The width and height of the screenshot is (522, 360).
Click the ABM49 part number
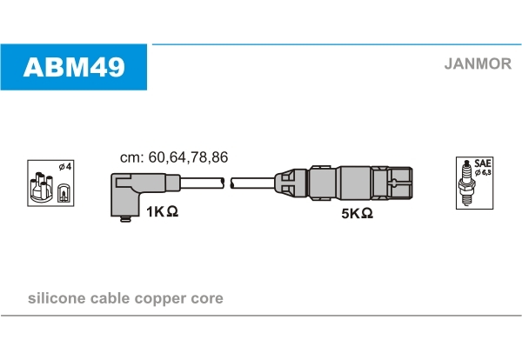click(x=74, y=67)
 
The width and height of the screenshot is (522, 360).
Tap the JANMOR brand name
click(x=478, y=63)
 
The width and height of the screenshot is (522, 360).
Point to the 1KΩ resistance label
click(x=162, y=211)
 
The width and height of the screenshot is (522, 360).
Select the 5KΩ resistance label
click(x=357, y=213)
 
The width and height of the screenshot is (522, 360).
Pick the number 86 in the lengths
click(x=219, y=157)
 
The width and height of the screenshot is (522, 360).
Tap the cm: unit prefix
click(x=132, y=158)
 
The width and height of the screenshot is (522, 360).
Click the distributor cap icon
click(x=41, y=188)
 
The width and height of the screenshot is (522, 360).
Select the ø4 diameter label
click(x=65, y=166)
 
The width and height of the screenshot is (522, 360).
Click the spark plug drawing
click(x=466, y=183)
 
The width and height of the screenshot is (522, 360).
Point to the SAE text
click(x=482, y=163)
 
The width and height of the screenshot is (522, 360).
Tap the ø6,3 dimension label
click(x=483, y=172)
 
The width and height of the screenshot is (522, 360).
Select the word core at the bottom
click(x=207, y=299)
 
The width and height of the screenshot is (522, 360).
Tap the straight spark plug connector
click(x=344, y=183)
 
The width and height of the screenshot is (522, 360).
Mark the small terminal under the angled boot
click(x=125, y=219)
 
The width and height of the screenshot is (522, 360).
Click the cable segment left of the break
click(x=202, y=183)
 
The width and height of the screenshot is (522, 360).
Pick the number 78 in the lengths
click(x=198, y=157)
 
